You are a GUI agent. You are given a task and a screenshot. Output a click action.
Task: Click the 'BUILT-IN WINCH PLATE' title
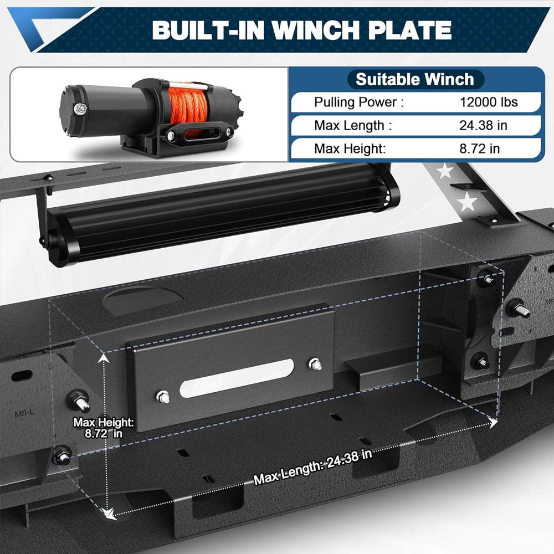point(301,30)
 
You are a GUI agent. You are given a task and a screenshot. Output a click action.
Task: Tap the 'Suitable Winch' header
point(415,79)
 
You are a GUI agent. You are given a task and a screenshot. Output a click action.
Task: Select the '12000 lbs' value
point(488,102)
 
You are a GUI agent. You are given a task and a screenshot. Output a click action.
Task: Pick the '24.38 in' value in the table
point(483,125)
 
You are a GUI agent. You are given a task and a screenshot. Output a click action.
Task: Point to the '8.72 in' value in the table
point(479,148)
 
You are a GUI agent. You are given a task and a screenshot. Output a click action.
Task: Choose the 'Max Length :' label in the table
point(353,125)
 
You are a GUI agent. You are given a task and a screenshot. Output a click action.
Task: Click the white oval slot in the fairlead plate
point(237,378)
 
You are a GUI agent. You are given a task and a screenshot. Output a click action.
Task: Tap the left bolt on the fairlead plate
point(163,396)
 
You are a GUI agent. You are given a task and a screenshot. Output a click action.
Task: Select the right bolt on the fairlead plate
point(316,365)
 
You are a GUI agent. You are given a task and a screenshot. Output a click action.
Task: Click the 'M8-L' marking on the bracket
point(23,413)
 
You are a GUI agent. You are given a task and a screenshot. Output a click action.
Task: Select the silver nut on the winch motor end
point(81,109)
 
